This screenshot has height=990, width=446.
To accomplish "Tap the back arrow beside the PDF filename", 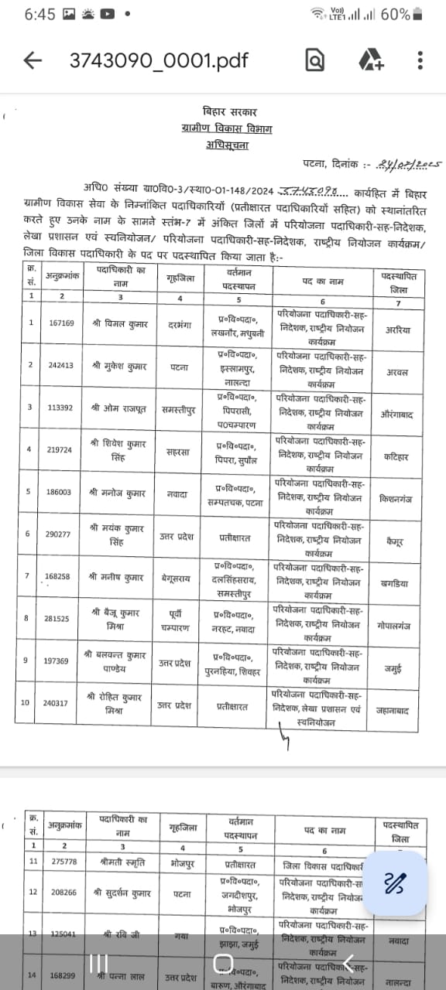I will (x=33, y=60).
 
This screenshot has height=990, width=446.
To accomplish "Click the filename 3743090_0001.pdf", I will (x=159, y=60).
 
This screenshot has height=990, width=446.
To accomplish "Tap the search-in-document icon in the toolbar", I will (x=314, y=60).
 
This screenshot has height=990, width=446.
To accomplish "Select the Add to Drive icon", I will (x=371, y=60).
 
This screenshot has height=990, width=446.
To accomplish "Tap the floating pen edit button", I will (x=396, y=883).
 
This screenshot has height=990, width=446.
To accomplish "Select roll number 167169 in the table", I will (x=61, y=323).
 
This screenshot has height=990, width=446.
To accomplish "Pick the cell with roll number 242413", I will (x=61, y=364).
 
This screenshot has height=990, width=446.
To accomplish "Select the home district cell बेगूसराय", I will (x=180, y=575).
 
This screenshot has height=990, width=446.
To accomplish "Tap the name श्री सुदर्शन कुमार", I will (x=122, y=893).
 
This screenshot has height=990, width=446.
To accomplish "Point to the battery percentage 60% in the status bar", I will (x=395, y=14).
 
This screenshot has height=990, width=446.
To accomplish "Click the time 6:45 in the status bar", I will (x=39, y=14).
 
